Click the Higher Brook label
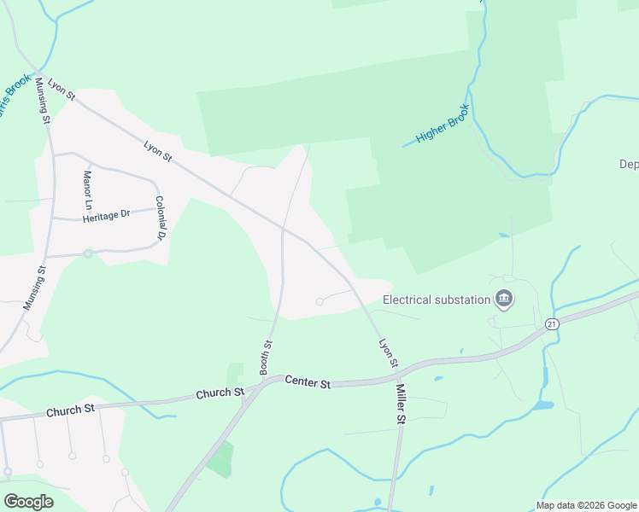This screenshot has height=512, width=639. pyautogui.click(x=443, y=125)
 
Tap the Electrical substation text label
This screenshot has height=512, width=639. pyautogui.click(x=436, y=300)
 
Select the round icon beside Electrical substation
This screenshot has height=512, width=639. pyautogui.click(x=504, y=299)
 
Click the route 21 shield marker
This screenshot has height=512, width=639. pyautogui.click(x=552, y=324)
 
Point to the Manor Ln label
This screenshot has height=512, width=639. pyautogui.click(x=86, y=190)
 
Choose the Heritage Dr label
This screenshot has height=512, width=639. pyautogui.click(x=106, y=216)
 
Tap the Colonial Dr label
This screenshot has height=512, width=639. pyautogui.click(x=159, y=217)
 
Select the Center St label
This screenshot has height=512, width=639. pyautogui.click(x=308, y=381)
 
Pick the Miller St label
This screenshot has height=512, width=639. pyautogui.click(x=400, y=404)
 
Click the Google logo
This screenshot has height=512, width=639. pyautogui.click(x=28, y=502)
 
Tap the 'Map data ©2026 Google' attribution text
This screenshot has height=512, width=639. pyautogui.click(x=586, y=505)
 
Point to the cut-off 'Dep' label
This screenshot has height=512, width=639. pyautogui.click(x=629, y=164)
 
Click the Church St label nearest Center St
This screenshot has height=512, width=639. pyautogui.click(x=220, y=393)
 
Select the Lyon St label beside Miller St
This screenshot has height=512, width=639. pyautogui.click(x=389, y=352)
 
